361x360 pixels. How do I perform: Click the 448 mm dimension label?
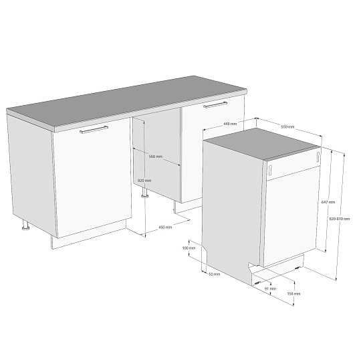click(x=230, y=124)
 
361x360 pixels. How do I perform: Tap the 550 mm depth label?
click(x=287, y=126)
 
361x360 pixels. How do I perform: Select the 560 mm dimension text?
click(x=156, y=157)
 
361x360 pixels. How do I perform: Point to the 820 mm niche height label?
click(x=144, y=181)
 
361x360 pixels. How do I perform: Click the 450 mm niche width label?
click(x=165, y=228)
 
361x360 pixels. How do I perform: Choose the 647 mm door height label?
click(x=328, y=202)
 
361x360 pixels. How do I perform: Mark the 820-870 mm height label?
click(x=340, y=219)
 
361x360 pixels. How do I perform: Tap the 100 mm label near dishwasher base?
click(x=189, y=248)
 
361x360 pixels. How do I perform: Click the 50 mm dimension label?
click(x=215, y=274)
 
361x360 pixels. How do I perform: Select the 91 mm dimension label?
click(x=270, y=288)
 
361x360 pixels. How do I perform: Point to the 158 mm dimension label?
click(x=293, y=294)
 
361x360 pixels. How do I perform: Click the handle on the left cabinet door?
click(x=94, y=130)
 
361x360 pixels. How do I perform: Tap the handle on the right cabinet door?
click(x=215, y=104)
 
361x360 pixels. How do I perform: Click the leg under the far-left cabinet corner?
click(x=25, y=225)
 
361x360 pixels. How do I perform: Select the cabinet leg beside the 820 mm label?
click(x=145, y=193)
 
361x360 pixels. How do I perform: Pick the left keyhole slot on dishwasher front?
click(x=270, y=169)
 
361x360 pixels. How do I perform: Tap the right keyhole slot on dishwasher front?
click(x=318, y=157)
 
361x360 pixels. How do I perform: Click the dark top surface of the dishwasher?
click(x=261, y=143)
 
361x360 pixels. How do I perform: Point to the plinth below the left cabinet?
click(x=89, y=235)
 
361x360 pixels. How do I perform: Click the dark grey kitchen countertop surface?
click(x=126, y=102)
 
